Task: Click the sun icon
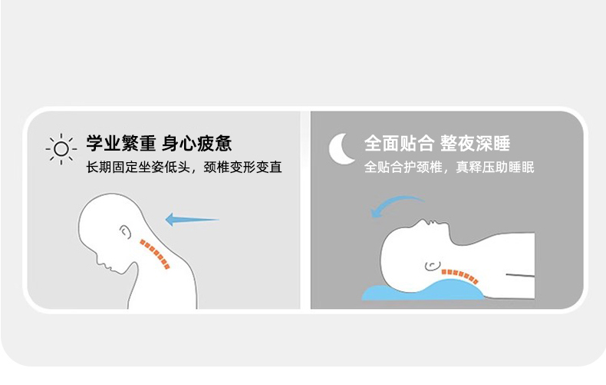click(61, 149)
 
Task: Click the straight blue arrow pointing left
click(192, 220)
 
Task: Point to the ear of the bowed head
click(125, 231)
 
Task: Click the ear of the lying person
click(433, 265)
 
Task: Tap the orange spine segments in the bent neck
click(155, 254)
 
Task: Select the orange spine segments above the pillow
click(460, 276)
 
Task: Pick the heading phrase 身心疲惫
click(196, 143)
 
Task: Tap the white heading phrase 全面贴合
click(399, 143)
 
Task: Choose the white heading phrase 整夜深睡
click(475, 143)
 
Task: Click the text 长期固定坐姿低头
click(138, 168)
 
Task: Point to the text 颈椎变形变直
click(242, 168)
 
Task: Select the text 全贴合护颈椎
click(403, 168)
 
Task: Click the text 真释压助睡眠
click(495, 168)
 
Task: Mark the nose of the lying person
click(424, 221)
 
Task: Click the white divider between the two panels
click(305, 210)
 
